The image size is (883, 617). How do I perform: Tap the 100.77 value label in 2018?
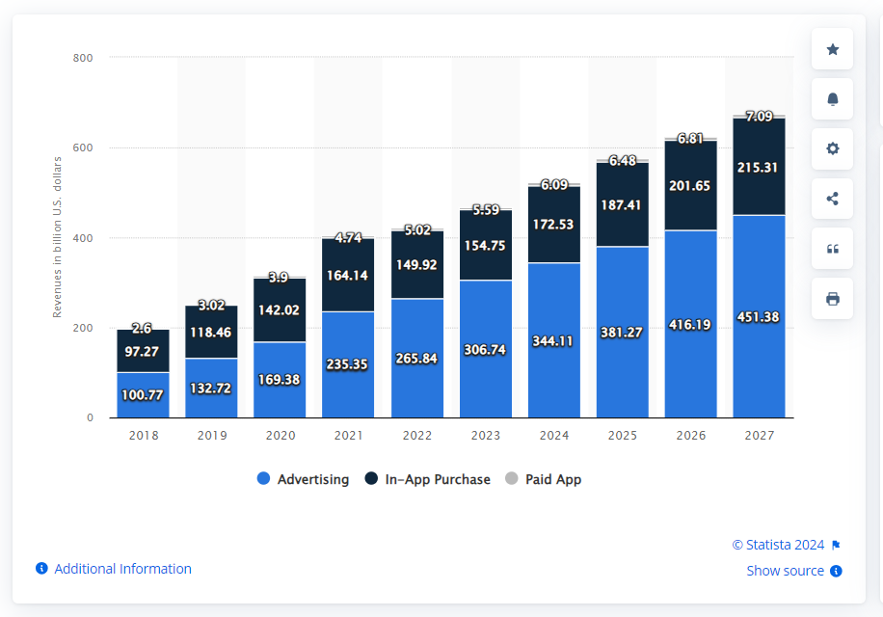pyautogui.click(x=143, y=394)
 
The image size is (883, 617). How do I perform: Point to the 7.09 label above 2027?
pyautogui.click(x=759, y=117)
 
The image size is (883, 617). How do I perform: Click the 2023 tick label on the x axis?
pyautogui.click(x=485, y=436)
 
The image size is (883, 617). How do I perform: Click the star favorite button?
pyautogui.click(x=832, y=49)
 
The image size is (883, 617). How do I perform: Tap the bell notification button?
pyautogui.click(x=832, y=99)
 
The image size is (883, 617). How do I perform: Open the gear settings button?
pyautogui.click(x=832, y=149)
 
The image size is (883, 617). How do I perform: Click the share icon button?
pyautogui.click(x=832, y=200)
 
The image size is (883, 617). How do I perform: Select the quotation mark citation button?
pyautogui.click(x=832, y=250)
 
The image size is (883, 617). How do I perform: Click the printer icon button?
pyautogui.click(x=832, y=299)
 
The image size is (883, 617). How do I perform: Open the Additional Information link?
pyautogui.click(x=122, y=569)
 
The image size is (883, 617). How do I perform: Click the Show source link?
pyautogui.click(x=786, y=571)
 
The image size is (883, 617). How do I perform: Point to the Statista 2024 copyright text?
pyautogui.click(x=779, y=545)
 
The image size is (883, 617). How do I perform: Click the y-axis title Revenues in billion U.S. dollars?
pyautogui.click(x=58, y=237)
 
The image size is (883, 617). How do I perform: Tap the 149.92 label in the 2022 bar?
pyautogui.click(x=416, y=265)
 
